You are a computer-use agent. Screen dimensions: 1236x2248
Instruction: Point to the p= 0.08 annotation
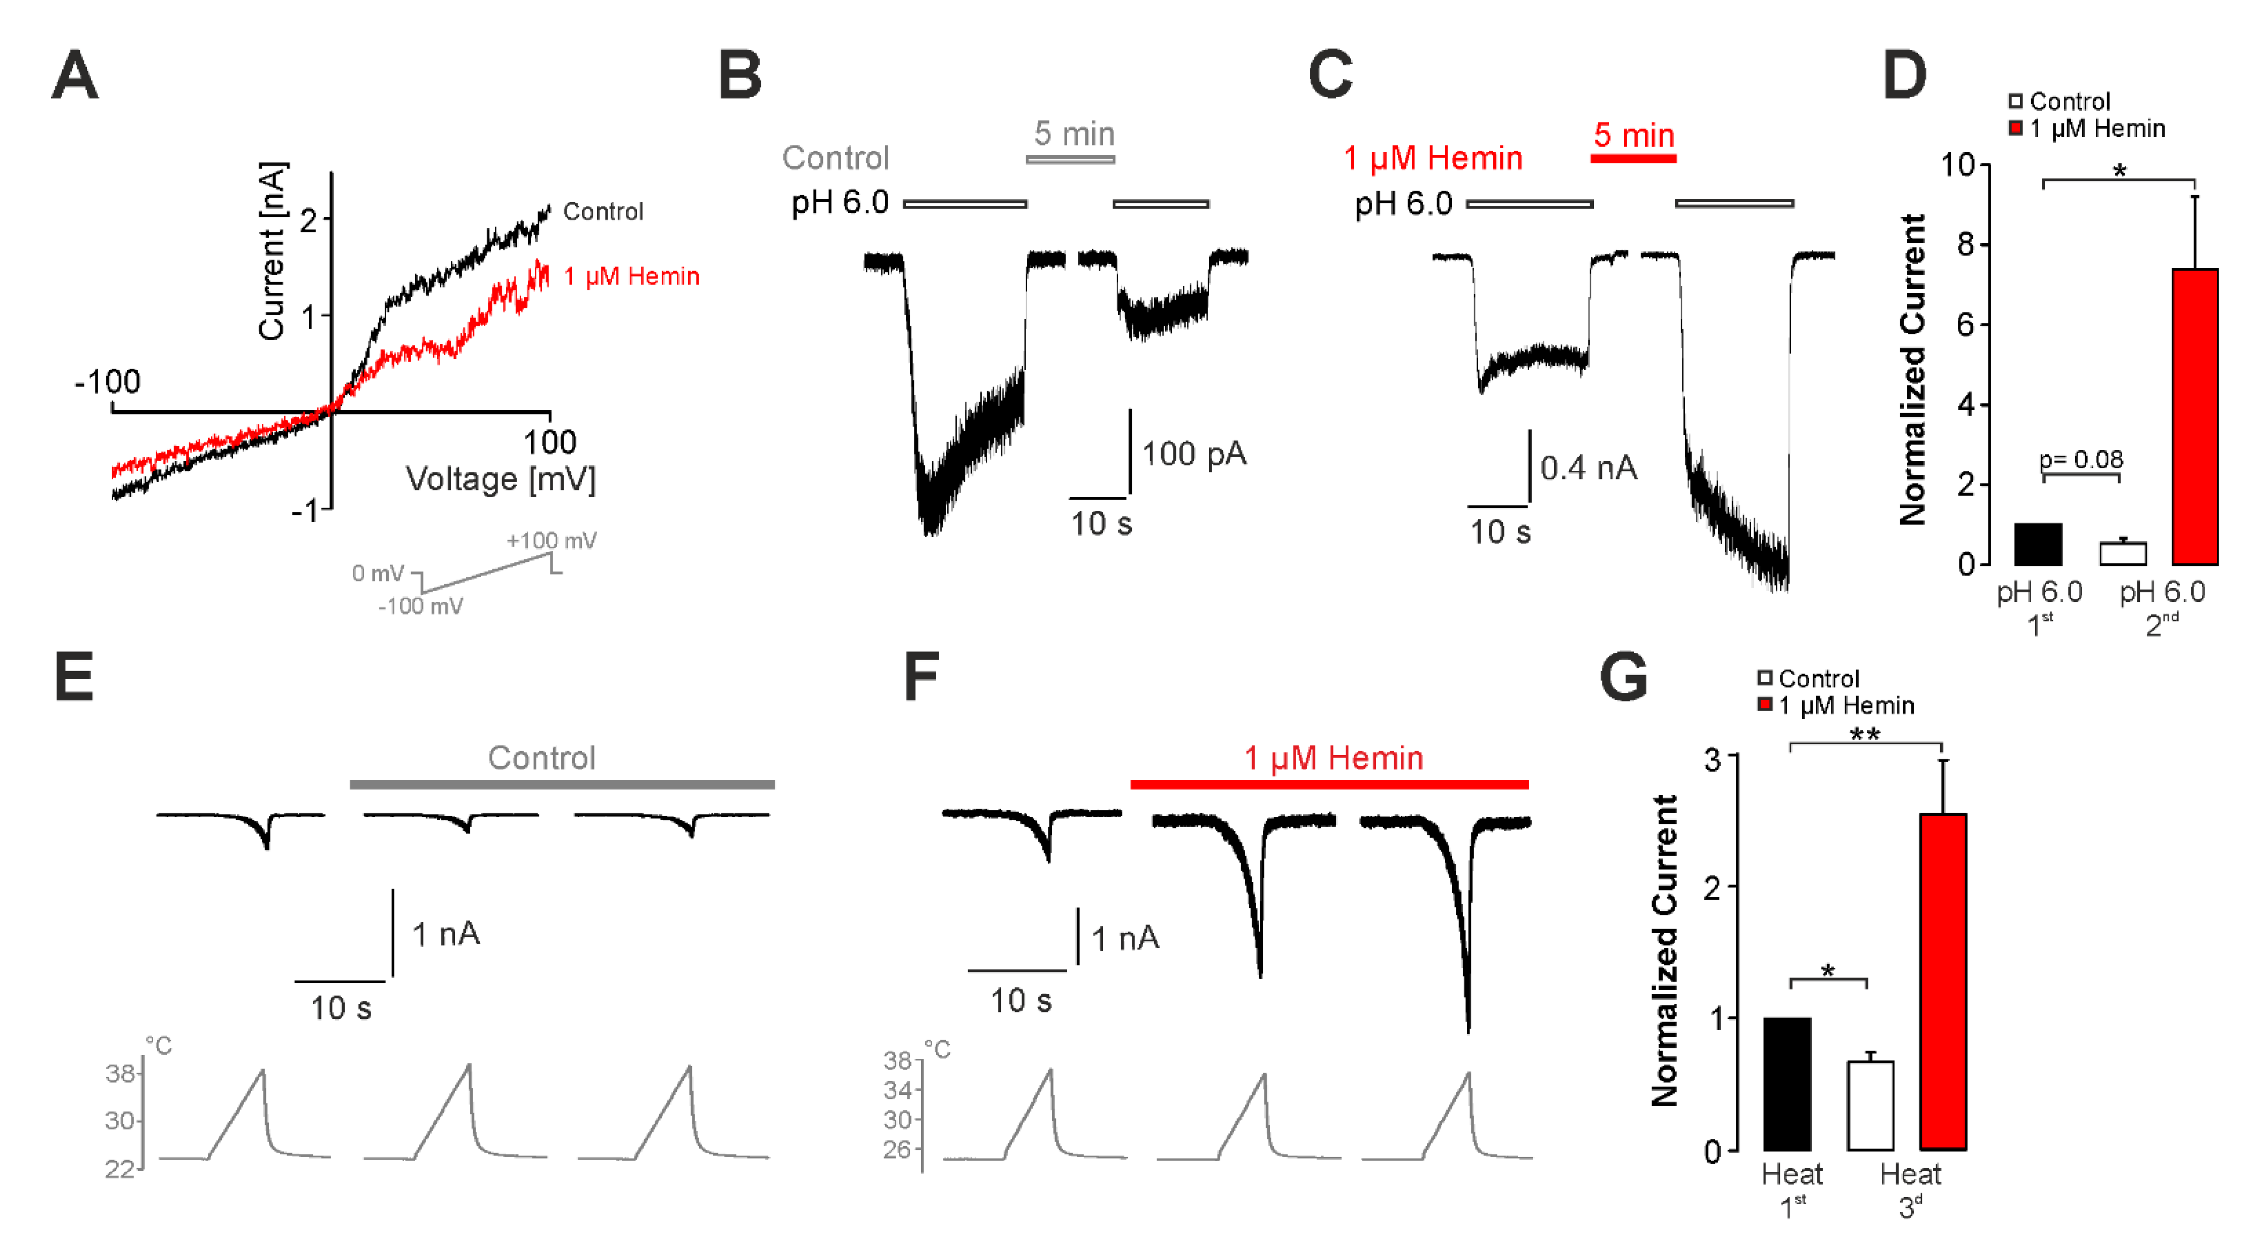pyautogui.click(x=2081, y=459)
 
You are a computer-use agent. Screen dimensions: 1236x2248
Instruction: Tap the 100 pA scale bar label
pyautogui.click(x=1194, y=454)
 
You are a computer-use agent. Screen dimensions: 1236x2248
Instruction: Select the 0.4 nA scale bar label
pyautogui.click(x=1588, y=468)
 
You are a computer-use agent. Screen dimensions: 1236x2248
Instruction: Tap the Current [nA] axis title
pyautogui.click(x=271, y=251)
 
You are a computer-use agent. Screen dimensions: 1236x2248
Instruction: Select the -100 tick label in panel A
pyautogui.click(x=107, y=381)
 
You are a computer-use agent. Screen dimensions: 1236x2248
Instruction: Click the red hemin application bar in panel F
pyautogui.click(x=1329, y=784)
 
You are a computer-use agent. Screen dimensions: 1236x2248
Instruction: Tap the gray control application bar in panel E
pyautogui.click(x=562, y=784)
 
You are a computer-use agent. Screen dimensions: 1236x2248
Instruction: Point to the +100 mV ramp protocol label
pyautogui.click(x=552, y=540)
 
